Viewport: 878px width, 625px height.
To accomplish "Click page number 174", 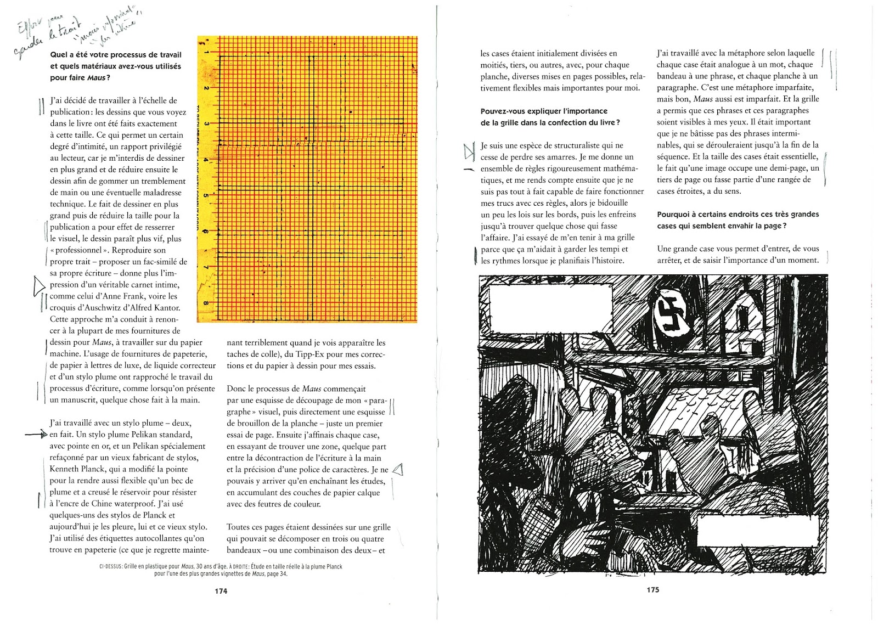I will tap(221, 591).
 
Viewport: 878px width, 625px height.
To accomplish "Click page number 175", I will tap(652, 590).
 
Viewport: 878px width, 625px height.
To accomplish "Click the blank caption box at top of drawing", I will tap(550, 308).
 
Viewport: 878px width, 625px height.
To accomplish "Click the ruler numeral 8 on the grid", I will tap(206, 302).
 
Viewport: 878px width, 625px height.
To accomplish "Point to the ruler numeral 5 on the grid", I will tap(206, 195).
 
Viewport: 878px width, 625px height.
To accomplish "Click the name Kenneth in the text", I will tap(64, 469).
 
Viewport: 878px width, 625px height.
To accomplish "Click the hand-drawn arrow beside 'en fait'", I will tap(37, 435).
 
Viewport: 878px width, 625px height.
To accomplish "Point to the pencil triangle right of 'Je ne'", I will tap(398, 470).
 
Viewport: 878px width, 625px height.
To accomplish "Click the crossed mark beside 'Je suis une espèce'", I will tap(469, 151).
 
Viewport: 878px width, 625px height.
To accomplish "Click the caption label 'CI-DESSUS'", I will tap(110, 567).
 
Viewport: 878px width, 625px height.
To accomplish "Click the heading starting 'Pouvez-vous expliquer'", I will tap(544, 111).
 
